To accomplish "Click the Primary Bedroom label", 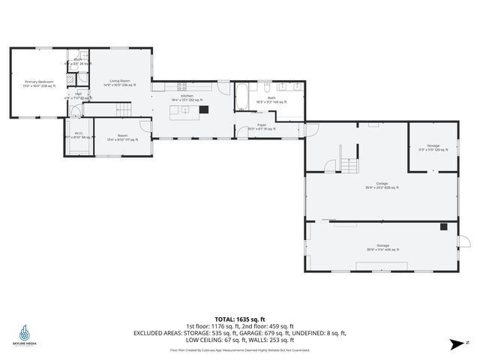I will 39,83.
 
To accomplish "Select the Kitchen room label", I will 187,97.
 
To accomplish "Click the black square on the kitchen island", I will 203,109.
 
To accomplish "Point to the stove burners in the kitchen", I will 181,86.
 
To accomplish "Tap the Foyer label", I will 262,127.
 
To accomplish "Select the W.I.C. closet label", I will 79,136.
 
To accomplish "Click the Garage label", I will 382,185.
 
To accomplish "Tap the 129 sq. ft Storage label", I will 433,148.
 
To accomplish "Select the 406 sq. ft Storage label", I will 382,247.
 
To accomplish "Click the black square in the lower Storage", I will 444,226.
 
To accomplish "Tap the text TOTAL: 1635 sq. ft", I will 239,319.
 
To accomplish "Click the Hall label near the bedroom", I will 78,95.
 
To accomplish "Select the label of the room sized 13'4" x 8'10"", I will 122,136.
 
